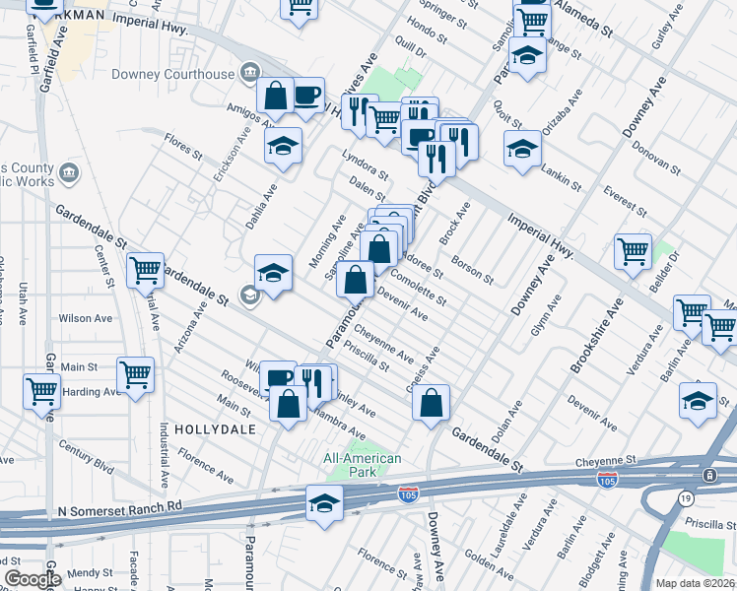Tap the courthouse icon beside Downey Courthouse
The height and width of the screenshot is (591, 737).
click(x=249, y=73)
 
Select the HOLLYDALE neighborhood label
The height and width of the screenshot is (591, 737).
click(x=214, y=430)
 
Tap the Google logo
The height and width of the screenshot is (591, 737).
click(x=33, y=578)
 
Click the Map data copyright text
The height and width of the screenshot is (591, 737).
click(x=694, y=583)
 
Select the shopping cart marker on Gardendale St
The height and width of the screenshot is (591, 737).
click(x=146, y=270)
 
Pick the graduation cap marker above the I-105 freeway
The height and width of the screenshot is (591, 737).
click(x=324, y=503)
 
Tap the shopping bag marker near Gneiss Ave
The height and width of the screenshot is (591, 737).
click(x=431, y=402)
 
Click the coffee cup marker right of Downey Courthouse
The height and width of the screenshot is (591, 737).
click(x=307, y=97)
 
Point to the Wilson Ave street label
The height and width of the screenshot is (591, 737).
click(x=86, y=318)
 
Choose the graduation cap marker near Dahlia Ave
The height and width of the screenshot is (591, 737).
click(x=283, y=146)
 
